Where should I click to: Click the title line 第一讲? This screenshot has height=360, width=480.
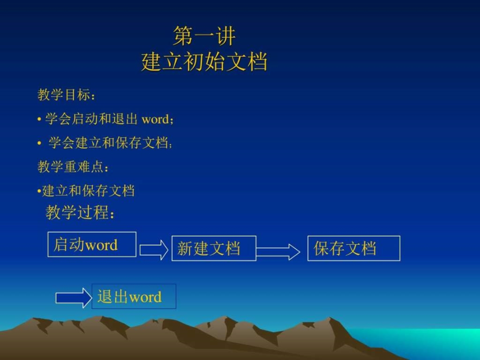204,37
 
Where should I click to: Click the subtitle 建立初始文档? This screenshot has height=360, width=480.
204,62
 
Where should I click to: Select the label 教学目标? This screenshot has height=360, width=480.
66,95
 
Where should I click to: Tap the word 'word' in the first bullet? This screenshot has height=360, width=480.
155,119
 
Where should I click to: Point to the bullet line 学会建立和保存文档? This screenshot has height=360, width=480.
110,143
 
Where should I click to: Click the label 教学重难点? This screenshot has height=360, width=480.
73,167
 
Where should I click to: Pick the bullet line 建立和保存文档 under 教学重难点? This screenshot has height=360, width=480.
88,191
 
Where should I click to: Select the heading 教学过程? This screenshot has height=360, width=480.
79,213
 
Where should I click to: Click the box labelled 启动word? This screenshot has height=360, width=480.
92,244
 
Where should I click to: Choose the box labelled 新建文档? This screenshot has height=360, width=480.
214,248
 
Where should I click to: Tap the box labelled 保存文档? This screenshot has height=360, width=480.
354,248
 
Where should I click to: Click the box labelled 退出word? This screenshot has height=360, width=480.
134,296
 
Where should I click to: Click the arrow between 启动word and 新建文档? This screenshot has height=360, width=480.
154,249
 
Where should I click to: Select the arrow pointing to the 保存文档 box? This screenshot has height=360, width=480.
278,252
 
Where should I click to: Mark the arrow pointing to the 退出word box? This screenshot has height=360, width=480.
73,297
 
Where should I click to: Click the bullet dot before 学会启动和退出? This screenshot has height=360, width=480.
39,119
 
